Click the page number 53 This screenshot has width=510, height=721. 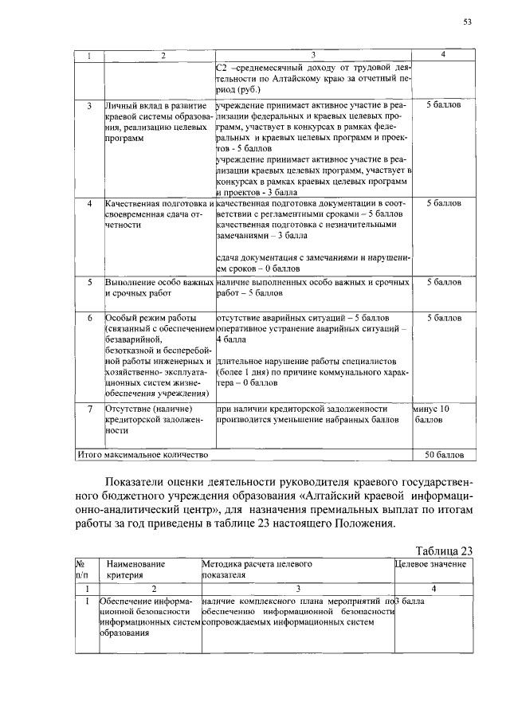coord(468,22)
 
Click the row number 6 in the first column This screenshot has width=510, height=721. coord(89,318)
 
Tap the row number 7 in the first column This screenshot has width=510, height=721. coord(89,408)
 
